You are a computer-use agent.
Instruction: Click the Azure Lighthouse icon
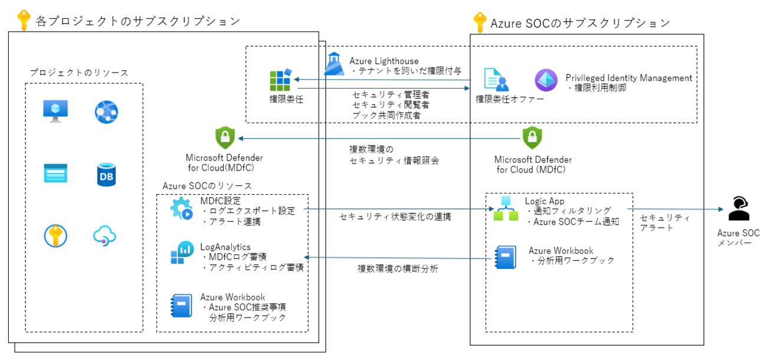335,64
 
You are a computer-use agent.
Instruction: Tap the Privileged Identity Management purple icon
545,80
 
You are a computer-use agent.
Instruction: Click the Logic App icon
506,209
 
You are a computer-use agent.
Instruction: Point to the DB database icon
106,175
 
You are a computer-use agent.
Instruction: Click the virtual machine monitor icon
55,111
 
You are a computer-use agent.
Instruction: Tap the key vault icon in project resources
55,236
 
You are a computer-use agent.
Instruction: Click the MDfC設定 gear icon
181,209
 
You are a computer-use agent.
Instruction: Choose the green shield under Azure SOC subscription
533,138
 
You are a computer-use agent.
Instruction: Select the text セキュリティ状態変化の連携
395,217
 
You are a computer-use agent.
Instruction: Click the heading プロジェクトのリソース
79,73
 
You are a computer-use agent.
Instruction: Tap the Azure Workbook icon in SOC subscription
506,257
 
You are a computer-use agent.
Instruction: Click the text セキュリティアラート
657,222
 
